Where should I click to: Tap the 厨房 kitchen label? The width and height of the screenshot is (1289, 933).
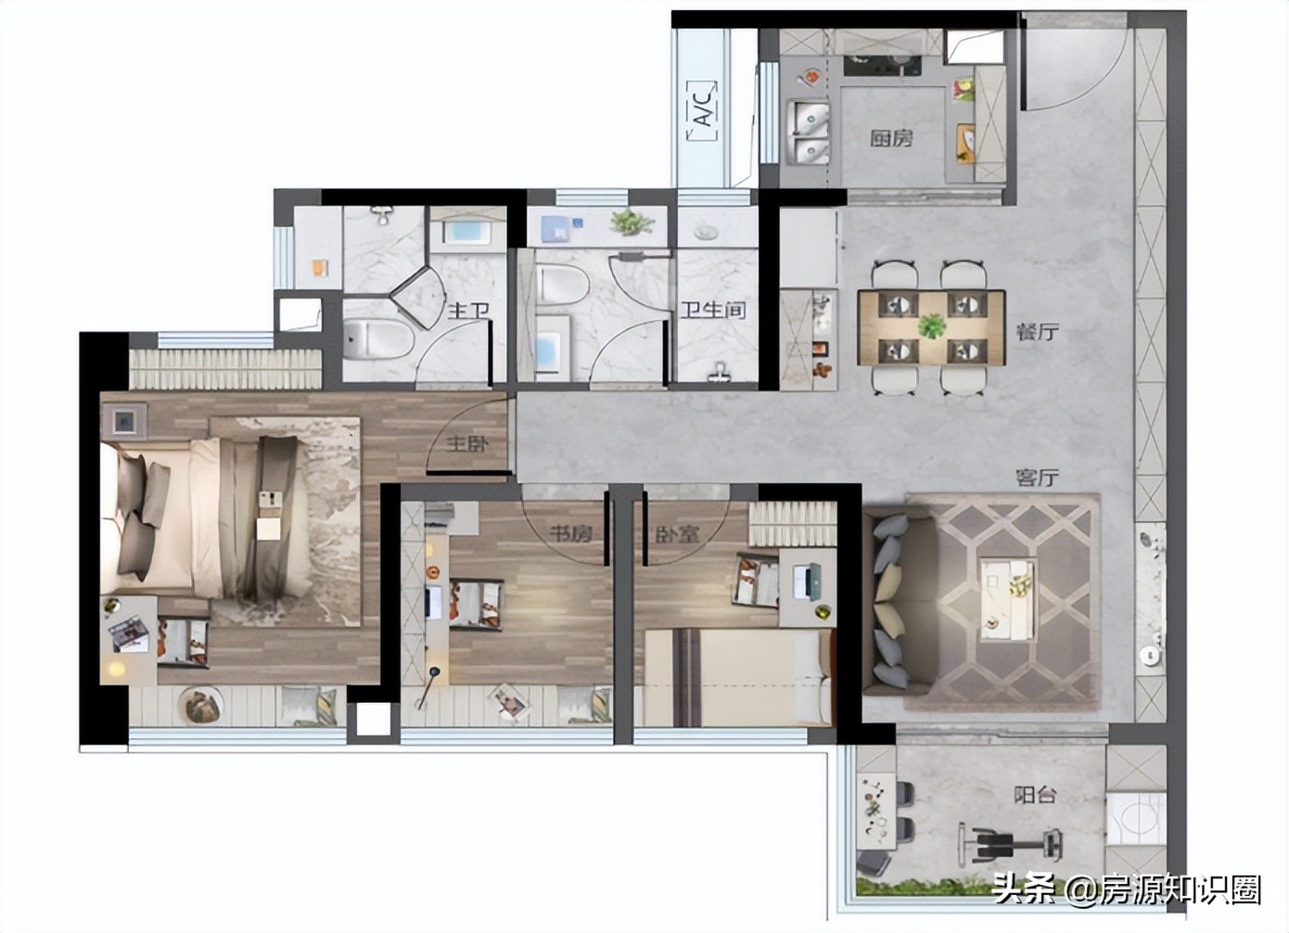pos(890,138)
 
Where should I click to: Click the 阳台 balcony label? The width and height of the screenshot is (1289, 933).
pos(1035,796)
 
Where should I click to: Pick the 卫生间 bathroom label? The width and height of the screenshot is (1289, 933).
pos(713,311)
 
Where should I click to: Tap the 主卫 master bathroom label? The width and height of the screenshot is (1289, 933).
pos(469,311)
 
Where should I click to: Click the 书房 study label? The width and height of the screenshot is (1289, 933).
pos(570,534)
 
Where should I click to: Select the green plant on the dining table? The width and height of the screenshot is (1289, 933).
pos(932,327)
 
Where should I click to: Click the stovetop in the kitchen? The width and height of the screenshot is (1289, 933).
pos(883,66)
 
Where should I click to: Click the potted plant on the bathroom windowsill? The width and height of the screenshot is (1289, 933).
pos(632,222)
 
